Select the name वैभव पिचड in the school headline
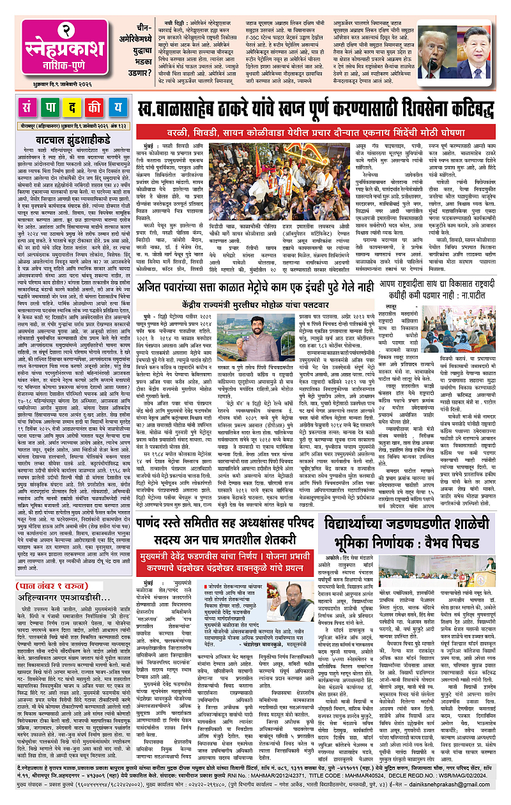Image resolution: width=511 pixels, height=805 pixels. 459,560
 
